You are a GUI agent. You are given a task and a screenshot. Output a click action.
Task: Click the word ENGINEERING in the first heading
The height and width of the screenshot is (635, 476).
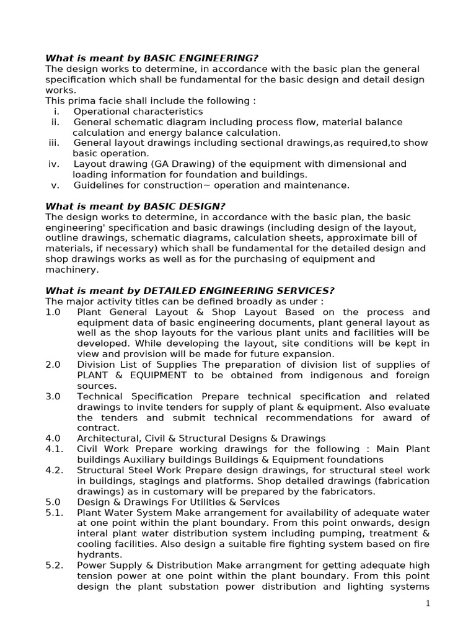pyautogui.click(x=218, y=58)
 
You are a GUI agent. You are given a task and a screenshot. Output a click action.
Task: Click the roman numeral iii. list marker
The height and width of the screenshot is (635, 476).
pyautogui.click(x=55, y=143)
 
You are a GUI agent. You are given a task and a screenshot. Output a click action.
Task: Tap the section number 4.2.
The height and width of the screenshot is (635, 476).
pyautogui.click(x=54, y=470)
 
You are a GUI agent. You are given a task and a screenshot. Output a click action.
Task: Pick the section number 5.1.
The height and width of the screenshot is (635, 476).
pyautogui.click(x=54, y=512)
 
